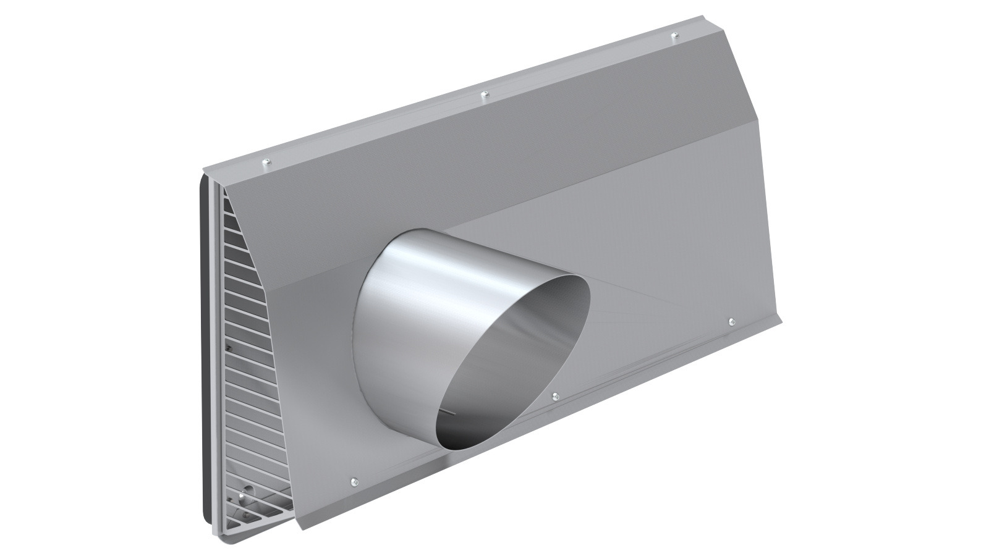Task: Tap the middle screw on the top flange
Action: [485, 95]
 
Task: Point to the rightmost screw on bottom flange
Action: [731, 321]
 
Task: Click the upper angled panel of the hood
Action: [494, 161]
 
